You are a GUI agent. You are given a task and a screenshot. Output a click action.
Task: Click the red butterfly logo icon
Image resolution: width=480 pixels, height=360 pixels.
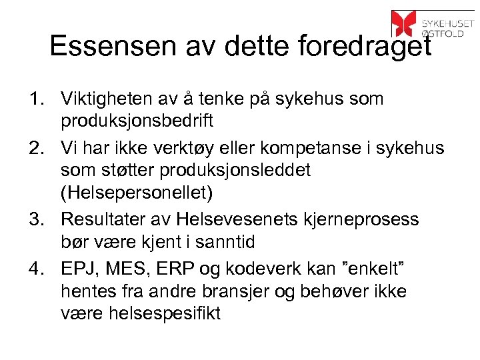click(404, 23)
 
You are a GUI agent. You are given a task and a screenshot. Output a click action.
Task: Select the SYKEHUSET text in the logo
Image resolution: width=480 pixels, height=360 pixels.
click(447, 17)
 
